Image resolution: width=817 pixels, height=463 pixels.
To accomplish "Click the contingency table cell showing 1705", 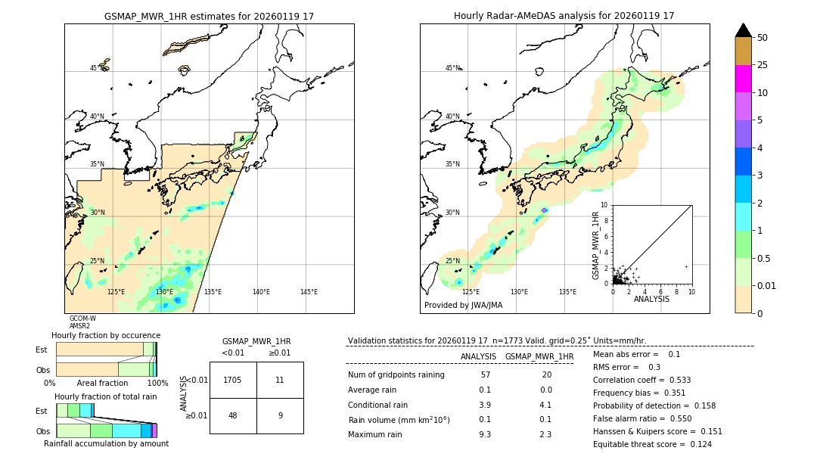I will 233,380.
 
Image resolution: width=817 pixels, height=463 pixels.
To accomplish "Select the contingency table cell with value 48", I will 233,415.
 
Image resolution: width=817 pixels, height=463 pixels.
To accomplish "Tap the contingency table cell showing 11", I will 280,380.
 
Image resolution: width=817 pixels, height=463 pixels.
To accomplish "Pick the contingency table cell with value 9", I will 280,415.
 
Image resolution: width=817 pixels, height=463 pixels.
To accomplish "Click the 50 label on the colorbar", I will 763,38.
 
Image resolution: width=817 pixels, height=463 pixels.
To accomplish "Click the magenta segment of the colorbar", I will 743,79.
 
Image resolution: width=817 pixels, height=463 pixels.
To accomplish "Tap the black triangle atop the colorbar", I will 743,30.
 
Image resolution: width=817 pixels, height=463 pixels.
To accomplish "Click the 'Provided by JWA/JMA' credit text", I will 463,306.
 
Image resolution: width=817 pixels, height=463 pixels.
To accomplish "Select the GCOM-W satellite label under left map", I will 82,319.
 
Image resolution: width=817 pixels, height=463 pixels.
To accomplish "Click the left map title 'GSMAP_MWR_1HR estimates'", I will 209,16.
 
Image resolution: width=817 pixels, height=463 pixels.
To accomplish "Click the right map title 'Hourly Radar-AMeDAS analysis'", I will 564,16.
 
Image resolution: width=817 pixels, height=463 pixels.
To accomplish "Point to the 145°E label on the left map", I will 309,292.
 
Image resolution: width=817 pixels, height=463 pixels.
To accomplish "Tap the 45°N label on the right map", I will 452,68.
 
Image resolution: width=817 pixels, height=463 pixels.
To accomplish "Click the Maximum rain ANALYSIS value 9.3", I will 485,434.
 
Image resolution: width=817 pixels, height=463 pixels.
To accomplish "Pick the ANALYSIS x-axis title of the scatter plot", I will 651,299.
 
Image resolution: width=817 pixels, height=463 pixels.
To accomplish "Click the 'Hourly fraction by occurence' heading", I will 106,335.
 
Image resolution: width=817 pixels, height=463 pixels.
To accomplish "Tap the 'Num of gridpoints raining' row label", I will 396,375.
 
